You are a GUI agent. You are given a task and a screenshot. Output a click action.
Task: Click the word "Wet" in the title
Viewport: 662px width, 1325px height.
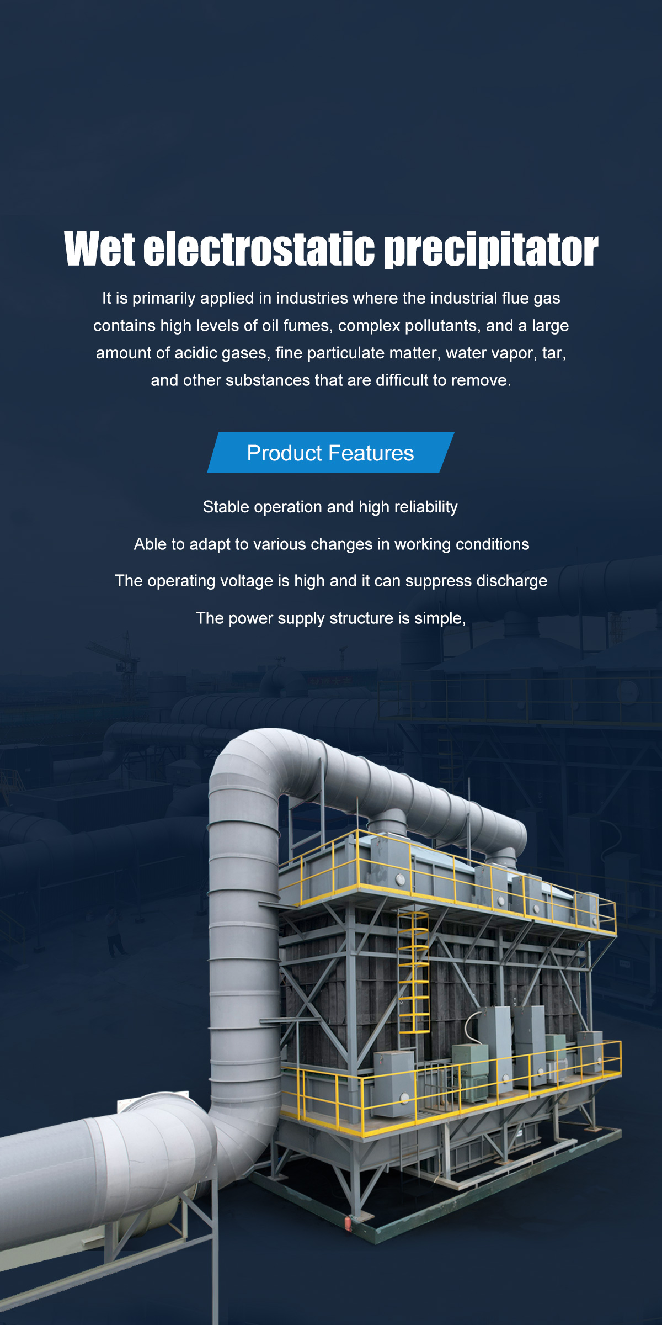pyautogui.click(x=99, y=248)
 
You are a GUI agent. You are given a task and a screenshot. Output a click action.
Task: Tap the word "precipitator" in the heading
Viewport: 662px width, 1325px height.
pyautogui.click(x=490, y=250)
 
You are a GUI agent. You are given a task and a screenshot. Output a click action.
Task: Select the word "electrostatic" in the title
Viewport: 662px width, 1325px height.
pyautogui.click(x=259, y=248)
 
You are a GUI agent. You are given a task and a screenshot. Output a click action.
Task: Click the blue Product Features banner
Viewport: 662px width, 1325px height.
pyautogui.click(x=330, y=453)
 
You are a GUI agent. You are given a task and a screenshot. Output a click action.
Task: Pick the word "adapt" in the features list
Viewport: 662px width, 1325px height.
pyautogui.click(x=206, y=544)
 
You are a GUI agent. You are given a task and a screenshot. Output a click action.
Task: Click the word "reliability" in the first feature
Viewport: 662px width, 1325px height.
pyautogui.click(x=425, y=507)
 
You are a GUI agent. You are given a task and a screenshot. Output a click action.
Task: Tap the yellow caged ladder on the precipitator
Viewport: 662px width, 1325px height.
pyautogui.click(x=414, y=971)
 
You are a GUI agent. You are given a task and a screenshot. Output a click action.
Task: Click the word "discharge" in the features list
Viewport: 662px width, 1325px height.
pyautogui.click(x=512, y=581)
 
